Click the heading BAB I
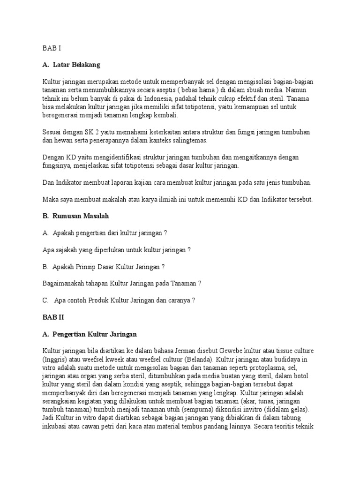click(x=51, y=47)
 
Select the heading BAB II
click(x=52, y=317)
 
